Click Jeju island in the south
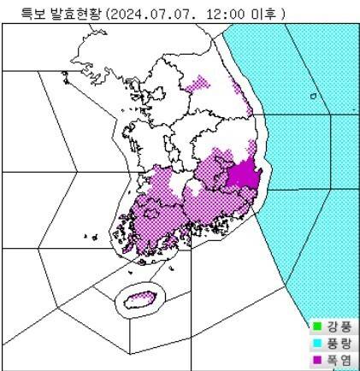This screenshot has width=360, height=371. point(136,299)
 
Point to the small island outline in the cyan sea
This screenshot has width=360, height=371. point(313,97)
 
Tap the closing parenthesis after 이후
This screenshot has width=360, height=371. point(282,14)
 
